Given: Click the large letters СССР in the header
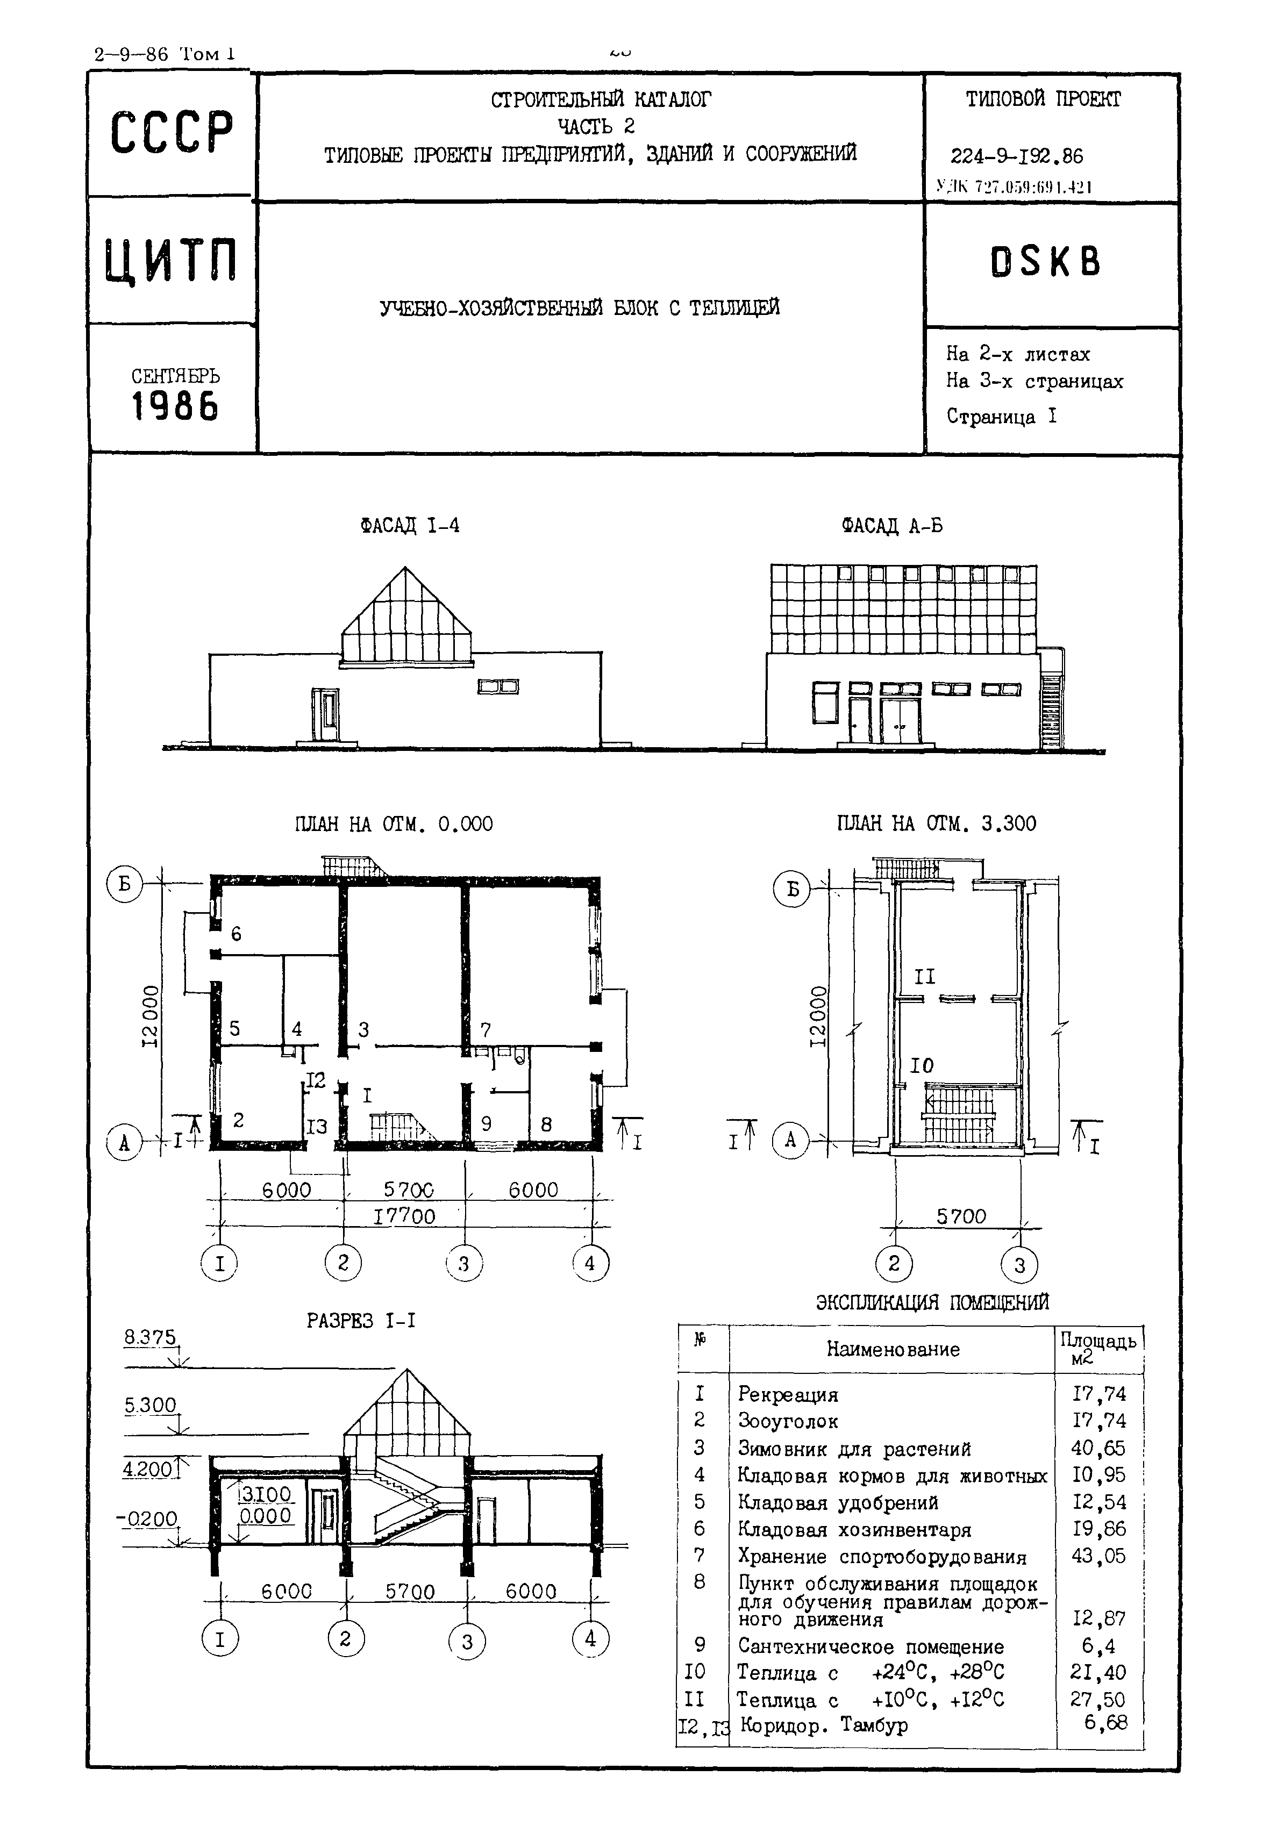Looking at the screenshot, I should (172, 132).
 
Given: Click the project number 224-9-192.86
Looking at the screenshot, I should (1016, 156).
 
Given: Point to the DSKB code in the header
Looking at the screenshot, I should (1045, 261).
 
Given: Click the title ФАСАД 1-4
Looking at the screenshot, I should (409, 526).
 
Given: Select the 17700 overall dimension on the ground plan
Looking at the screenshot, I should (404, 1216).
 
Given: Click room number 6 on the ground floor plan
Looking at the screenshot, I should (236, 934).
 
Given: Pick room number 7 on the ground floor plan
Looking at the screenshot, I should (484, 1030).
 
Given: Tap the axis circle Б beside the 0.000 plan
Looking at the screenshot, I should (125, 885).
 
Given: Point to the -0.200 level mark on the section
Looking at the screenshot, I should (147, 1519).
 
